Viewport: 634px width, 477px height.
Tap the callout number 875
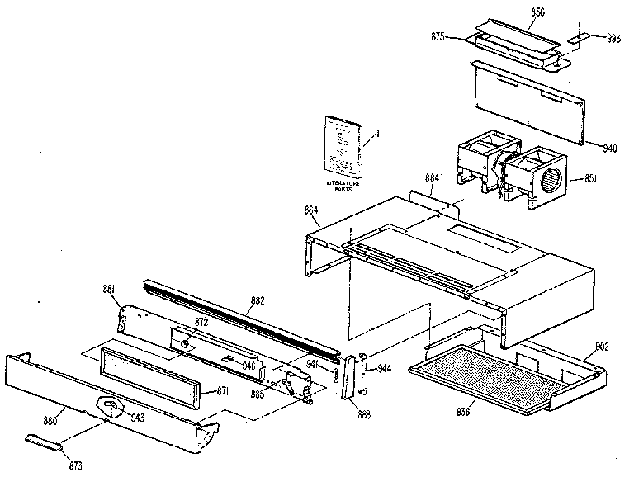tap(438, 37)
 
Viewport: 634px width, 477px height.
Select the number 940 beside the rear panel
tap(610, 149)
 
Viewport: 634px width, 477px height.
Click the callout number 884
tap(432, 177)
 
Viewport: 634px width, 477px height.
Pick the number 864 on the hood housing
tap(310, 210)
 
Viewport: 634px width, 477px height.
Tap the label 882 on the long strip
tap(258, 301)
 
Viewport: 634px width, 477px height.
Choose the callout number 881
tap(109, 289)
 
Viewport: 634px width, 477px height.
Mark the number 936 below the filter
tap(464, 410)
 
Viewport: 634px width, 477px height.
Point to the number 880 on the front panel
tap(50, 420)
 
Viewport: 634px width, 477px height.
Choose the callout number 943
tap(138, 418)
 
